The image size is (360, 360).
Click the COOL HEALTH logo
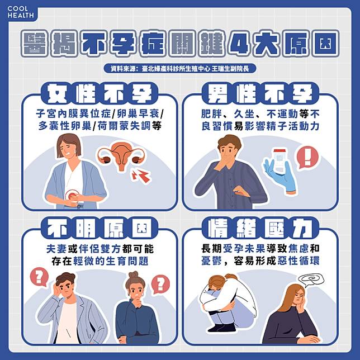[x=21, y=12]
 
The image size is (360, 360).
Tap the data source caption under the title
[x=180, y=68]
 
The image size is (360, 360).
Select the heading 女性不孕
[x=100, y=93]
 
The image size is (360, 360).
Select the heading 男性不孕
[x=260, y=93]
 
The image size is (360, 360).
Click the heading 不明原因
[x=100, y=228]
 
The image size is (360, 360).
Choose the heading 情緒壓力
[x=260, y=228]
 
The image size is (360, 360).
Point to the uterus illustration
[x=121, y=157]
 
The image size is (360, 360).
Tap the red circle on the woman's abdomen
[x=73, y=196]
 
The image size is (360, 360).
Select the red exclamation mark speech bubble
[x=307, y=158]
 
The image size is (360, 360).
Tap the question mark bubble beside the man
[x=39, y=277]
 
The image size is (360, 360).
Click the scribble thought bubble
[x=311, y=280]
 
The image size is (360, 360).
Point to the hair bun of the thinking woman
[x=134, y=274]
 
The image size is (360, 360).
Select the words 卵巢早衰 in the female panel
[x=138, y=113]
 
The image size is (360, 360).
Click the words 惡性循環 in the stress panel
[x=299, y=261]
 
